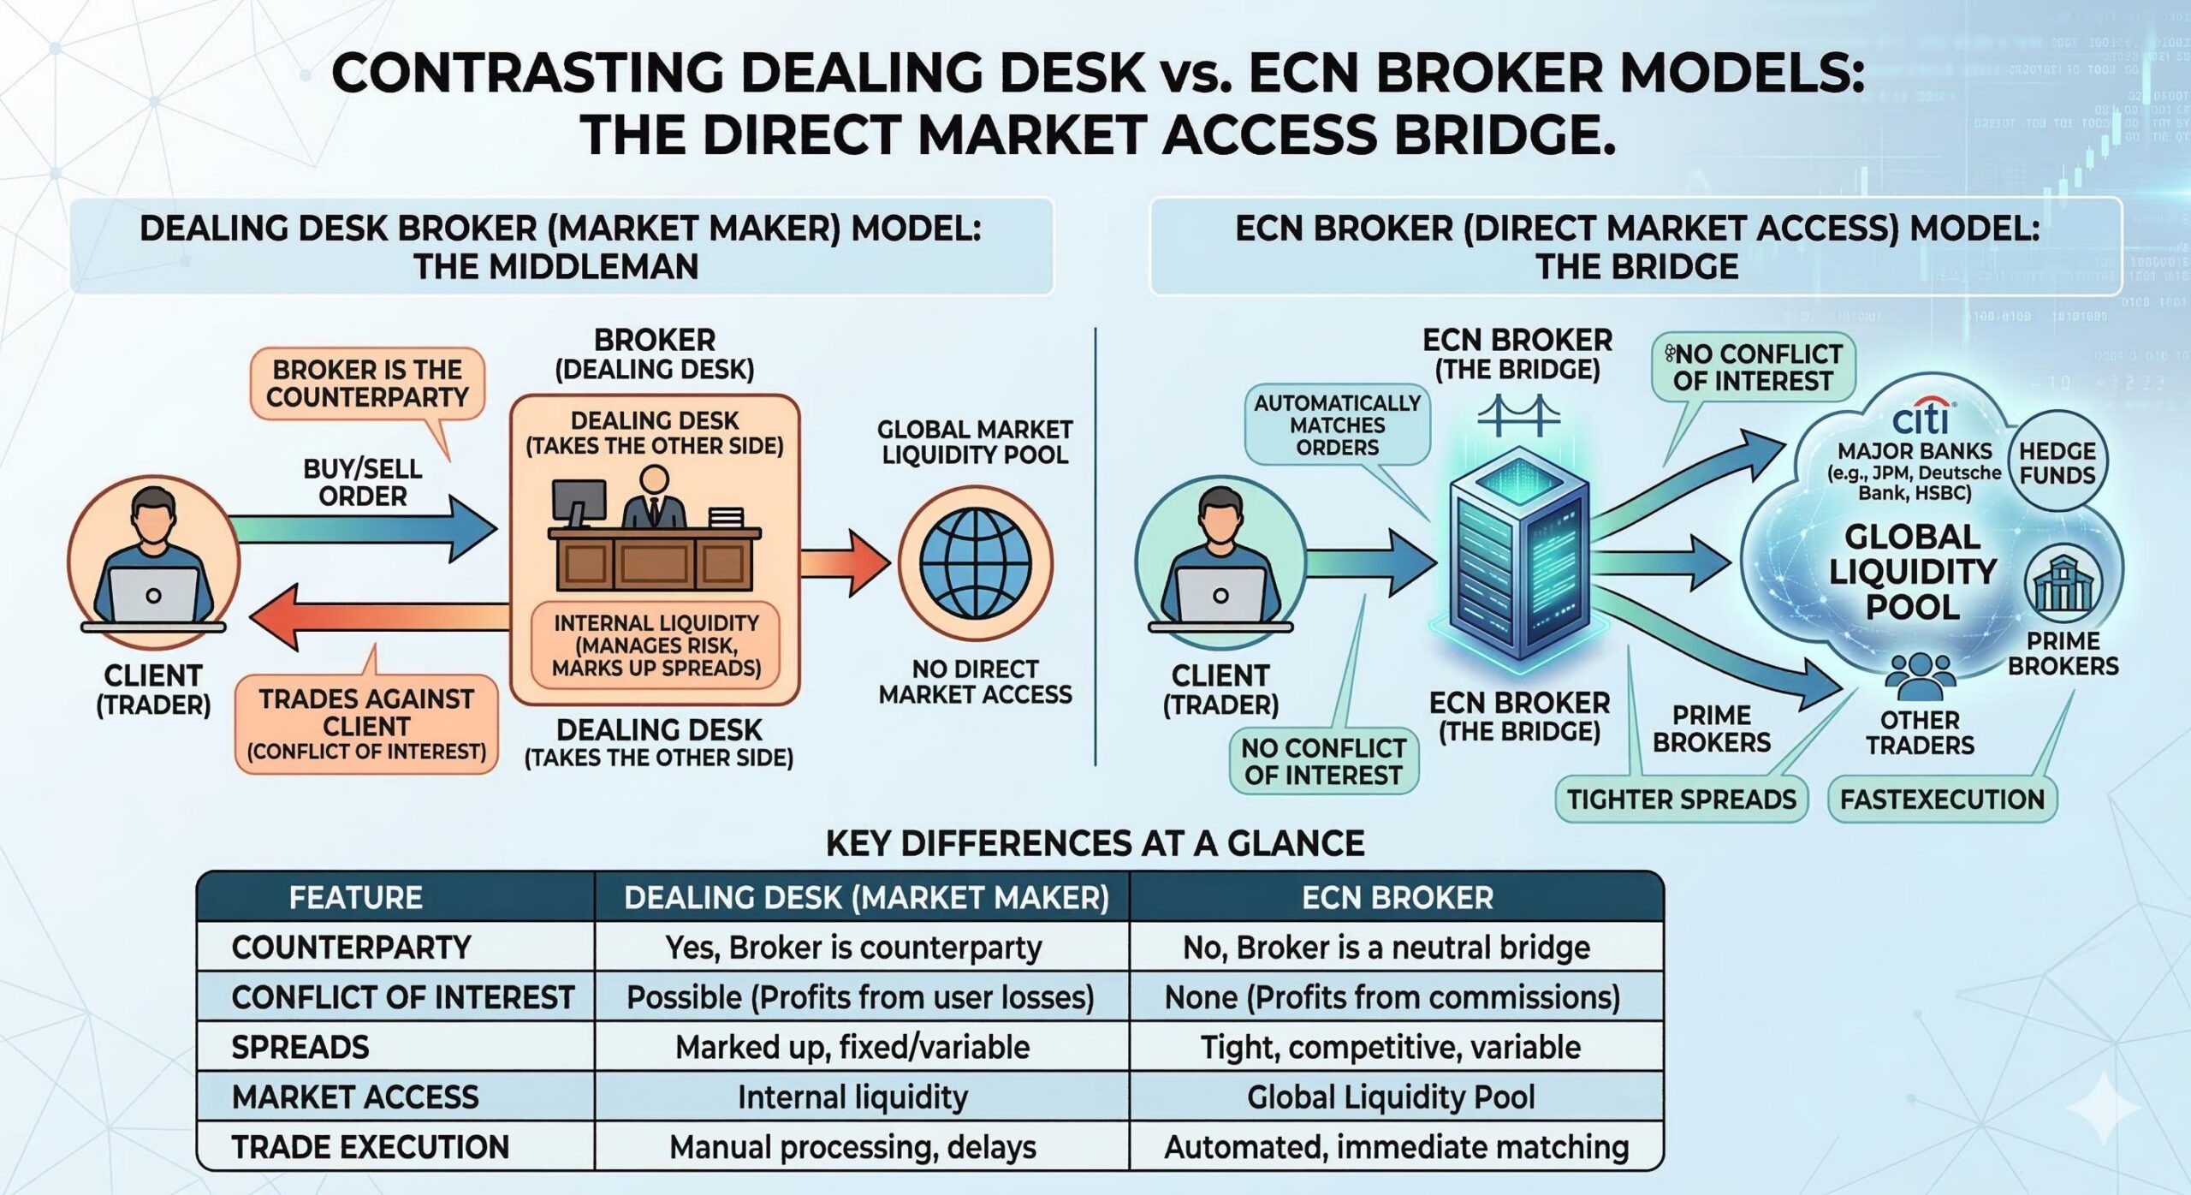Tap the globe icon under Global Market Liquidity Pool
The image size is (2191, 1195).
(976, 564)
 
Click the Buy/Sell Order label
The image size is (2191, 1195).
(362, 482)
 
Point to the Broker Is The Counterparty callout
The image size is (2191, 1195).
(367, 383)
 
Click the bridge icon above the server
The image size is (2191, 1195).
(1518, 417)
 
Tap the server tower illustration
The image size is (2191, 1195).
(1519, 556)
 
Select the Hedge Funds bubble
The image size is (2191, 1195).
(2057, 463)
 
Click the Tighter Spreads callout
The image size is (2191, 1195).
(1681, 800)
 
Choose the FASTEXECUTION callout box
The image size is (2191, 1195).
(1942, 800)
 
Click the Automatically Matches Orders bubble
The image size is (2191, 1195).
(1337, 425)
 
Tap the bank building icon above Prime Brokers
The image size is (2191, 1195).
(2063, 585)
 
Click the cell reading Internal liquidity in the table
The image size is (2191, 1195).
(852, 1097)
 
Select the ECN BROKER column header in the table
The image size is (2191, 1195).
(1397, 897)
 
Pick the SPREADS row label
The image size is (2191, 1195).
(300, 1048)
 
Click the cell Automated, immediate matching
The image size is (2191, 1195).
(1396, 1147)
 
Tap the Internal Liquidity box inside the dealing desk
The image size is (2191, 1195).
(656, 645)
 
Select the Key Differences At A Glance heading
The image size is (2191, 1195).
(1095, 844)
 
